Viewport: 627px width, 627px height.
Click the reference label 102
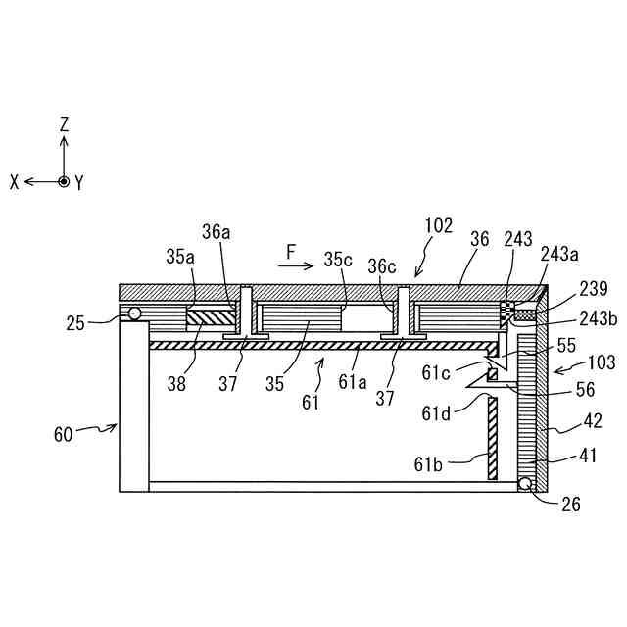438,226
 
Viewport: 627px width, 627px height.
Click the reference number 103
601,363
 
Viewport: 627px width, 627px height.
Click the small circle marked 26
526,484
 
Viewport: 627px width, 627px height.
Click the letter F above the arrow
291,253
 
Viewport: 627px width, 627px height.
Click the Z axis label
64,125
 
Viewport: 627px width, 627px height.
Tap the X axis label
15,182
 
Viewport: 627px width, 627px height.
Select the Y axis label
78,183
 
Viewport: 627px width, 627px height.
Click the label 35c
339,260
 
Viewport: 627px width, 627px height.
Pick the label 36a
217,232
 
